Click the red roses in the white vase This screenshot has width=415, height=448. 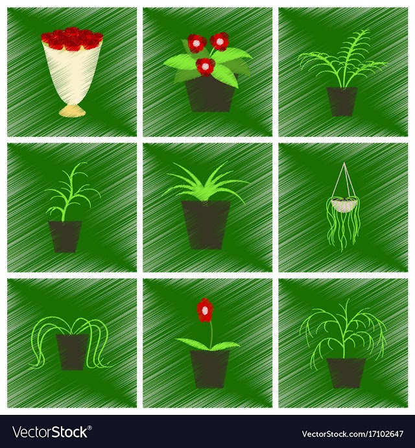[72, 39]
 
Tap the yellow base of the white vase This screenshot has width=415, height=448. [72, 111]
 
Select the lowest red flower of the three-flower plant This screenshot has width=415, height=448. [205, 67]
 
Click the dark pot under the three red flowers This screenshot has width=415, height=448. [210, 94]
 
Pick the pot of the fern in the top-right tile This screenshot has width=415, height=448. [342, 102]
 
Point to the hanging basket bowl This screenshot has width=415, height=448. [344, 205]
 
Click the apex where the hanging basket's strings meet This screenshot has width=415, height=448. [344, 163]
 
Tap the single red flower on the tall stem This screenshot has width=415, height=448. [205, 310]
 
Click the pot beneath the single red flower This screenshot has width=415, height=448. [210, 369]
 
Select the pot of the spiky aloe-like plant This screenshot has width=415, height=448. [206, 224]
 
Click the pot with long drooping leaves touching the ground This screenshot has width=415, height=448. [72, 352]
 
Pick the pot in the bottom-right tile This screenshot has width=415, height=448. [346, 373]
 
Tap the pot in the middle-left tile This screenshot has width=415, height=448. [65, 237]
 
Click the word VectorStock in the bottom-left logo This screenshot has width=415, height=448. [49, 432]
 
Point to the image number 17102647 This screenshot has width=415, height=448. [382, 434]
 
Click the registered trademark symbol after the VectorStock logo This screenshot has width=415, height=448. [89, 428]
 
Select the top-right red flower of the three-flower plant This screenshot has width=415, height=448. [220, 41]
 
